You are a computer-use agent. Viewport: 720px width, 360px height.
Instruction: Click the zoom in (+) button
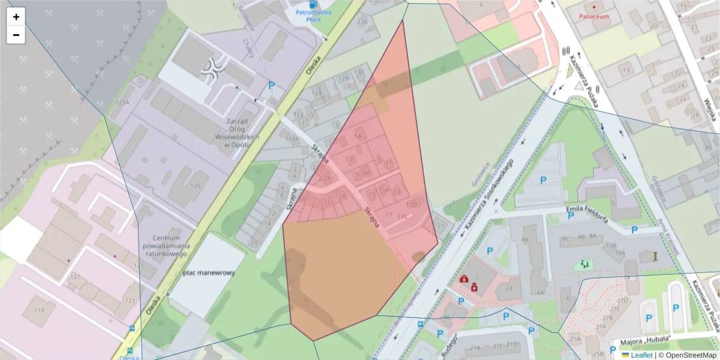point(16,17)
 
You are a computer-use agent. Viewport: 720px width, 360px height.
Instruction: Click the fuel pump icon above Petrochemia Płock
point(310,4)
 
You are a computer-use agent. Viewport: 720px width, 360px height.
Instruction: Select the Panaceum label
point(593,16)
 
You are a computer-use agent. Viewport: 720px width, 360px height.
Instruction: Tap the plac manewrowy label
point(209,272)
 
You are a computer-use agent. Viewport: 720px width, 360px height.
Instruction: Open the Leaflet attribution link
point(641,355)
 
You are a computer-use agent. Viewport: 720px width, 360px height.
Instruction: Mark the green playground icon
point(583,263)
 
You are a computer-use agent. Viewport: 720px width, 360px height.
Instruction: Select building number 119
point(40,310)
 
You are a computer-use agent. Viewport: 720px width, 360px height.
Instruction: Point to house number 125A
point(122,103)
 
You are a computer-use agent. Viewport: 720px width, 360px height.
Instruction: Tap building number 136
point(362,22)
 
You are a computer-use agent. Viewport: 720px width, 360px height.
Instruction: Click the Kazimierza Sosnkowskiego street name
point(487,196)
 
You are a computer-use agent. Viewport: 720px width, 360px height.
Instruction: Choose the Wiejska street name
point(712,111)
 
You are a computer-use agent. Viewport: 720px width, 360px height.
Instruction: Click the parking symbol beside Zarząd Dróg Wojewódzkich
point(271,86)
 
